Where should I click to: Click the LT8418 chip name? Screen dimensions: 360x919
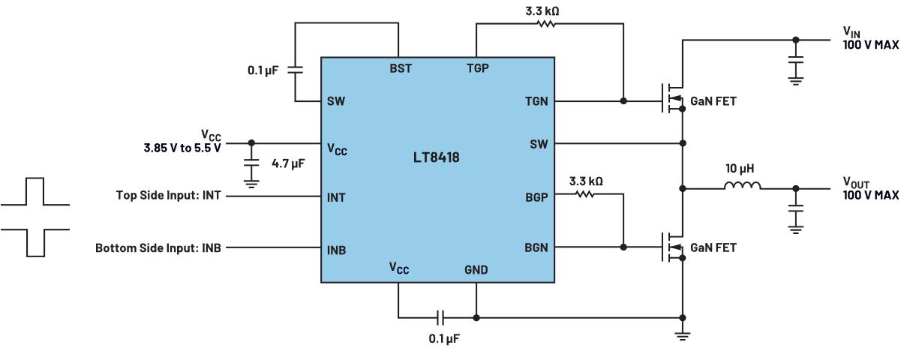[437, 158]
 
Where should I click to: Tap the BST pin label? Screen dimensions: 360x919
[400, 68]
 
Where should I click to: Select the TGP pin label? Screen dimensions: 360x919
[476, 68]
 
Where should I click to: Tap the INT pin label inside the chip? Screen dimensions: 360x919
[336, 198]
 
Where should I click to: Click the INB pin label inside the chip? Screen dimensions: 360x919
[337, 250]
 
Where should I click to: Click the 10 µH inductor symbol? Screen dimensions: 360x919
[742, 187]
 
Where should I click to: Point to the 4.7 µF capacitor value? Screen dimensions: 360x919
[287, 163]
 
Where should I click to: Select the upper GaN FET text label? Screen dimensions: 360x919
[713, 101]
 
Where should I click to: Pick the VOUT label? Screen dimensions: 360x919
[857, 182]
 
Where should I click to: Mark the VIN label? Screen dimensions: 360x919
[852, 32]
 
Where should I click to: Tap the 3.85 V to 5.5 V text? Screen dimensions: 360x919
[182, 148]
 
